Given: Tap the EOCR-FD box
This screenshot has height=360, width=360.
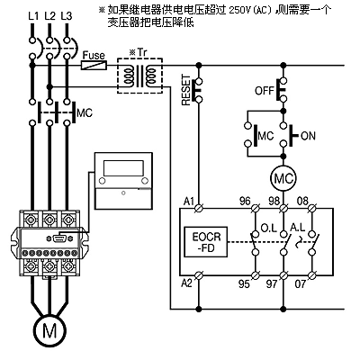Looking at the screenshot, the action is pyautogui.click(x=206, y=242).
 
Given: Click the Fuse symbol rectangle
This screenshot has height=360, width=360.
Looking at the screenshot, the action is pyautogui.click(x=94, y=65).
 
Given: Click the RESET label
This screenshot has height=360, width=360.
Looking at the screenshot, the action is pyautogui.click(x=186, y=90).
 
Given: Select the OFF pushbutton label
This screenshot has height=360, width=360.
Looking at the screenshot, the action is pyautogui.click(x=265, y=90).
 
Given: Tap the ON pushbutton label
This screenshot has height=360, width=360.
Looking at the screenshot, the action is pyautogui.click(x=308, y=136).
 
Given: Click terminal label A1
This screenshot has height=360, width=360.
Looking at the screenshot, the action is pyautogui.click(x=189, y=202).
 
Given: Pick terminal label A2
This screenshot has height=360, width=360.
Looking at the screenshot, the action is pyautogui.click(x=186, y=283).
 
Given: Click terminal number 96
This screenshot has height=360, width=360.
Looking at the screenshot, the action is pyautogui.click(x=245, y=201).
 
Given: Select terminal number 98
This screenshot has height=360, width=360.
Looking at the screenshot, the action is pyautogui.click(x=274, y=201).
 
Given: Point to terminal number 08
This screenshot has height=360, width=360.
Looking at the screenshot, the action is pyautogui.click(x=302, y=201).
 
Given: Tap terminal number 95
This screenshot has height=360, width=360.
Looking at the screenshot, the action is pyautogui.click(x=244, y=283).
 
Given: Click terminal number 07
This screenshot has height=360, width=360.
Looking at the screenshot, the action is pyautogui.click(x=301, y=283).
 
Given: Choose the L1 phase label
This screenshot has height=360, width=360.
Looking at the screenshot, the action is pyautogui.click(x=33, y=16).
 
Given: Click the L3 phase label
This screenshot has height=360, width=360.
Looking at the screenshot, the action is pyautogui.click(x=67, y=16).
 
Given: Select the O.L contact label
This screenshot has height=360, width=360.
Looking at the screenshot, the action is pyautogui.click(x=268, y=228).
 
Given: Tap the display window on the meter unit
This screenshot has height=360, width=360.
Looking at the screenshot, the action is pyautogui.click(x=123, y=168).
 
